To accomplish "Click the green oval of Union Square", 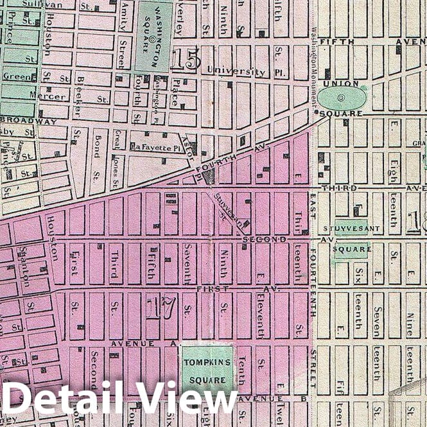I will pos(342,98).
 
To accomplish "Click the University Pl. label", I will pos(236,71).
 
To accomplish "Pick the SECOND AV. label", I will pos(270,239).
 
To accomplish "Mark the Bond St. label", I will pos(96,145).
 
